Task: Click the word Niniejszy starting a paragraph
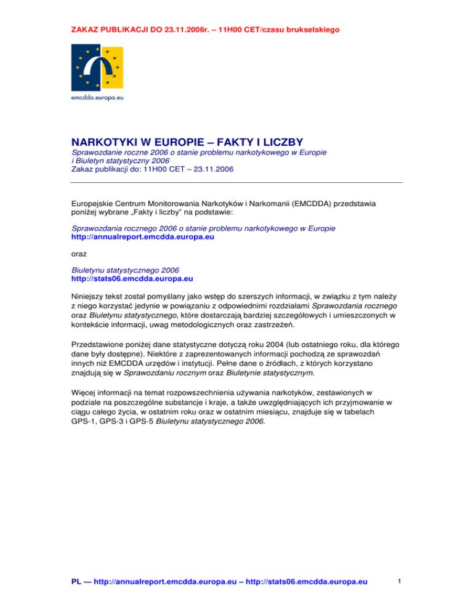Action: [87, 294]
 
